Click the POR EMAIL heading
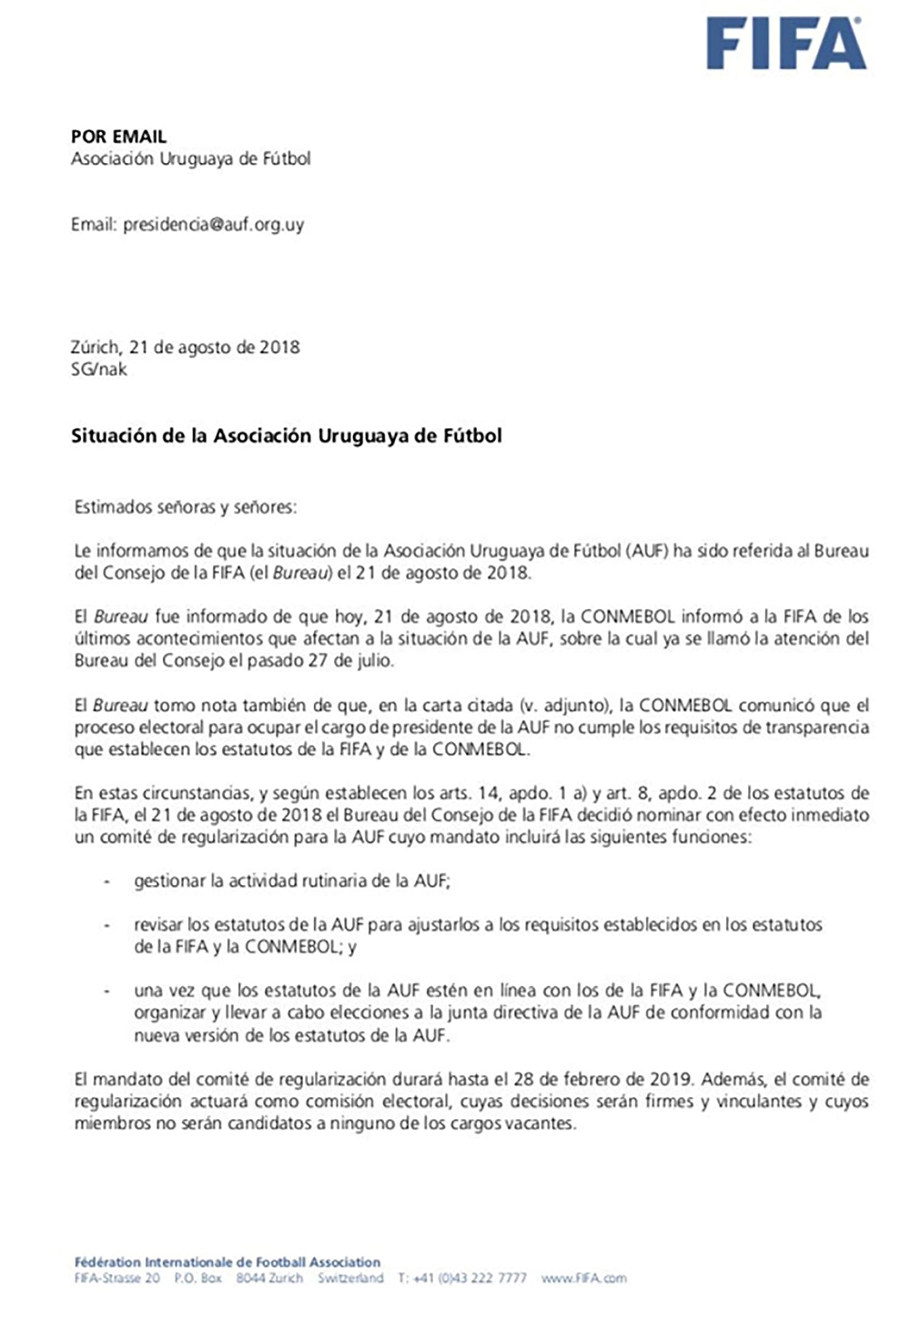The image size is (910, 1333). click(x=118, y=137)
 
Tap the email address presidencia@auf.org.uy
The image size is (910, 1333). click(x=213, y=224)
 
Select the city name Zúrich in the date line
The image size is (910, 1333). click(x=95, y=347)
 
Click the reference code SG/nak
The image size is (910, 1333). click(x=98, y=370)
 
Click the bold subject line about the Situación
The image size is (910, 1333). click(x=286, y=436)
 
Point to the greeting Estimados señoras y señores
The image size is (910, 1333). click(x=186, y=507)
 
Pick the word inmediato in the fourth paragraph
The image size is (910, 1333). click(x=831, y=815)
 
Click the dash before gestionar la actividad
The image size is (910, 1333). click(x=108, y=881)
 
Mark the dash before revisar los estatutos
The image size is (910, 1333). click(x=108, y=925)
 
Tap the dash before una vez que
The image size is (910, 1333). click(x=108, y=991)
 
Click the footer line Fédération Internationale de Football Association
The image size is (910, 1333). click(x=227, y=1262)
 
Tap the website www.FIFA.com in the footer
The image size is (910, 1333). click(x=583, y=1278)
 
